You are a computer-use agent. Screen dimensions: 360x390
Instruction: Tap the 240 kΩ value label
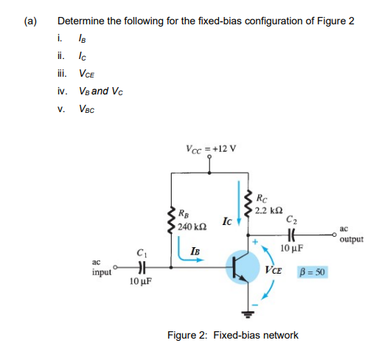[x=194, y=224]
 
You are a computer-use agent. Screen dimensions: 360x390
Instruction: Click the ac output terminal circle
[x=337, y=237]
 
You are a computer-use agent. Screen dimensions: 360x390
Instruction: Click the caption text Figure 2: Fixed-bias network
[x=232, y=335]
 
